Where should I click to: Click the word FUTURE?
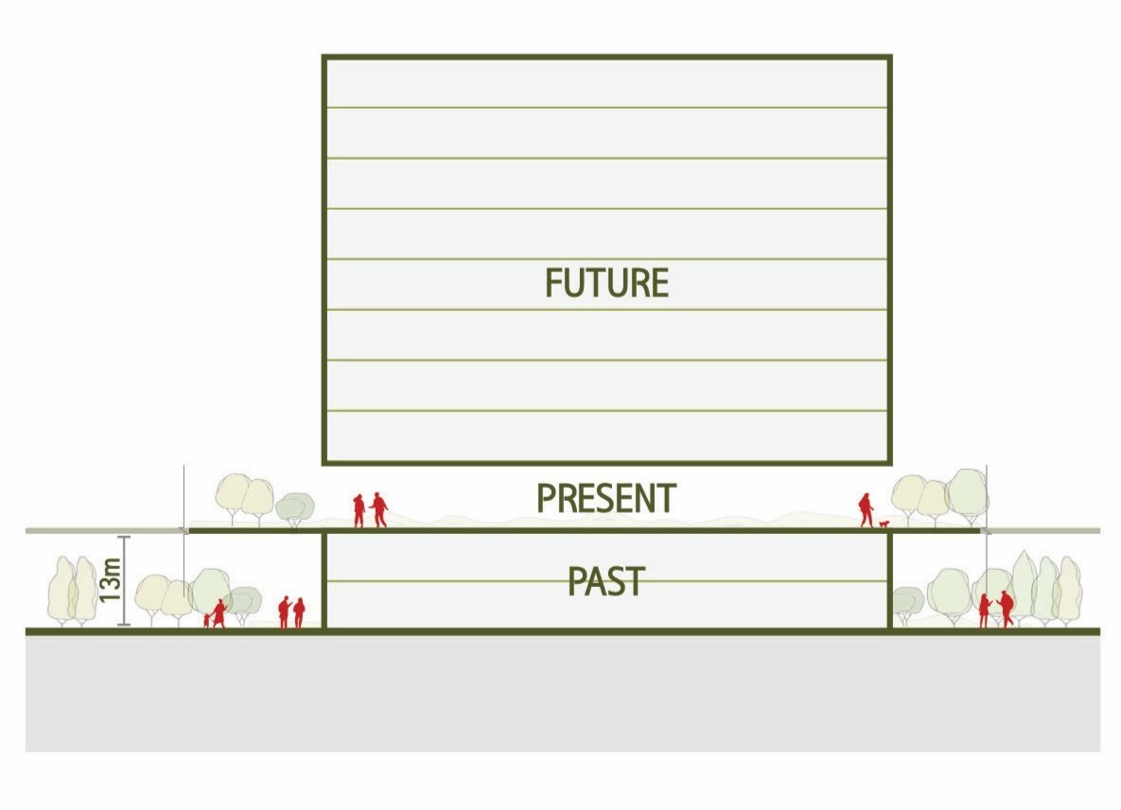tap(606, 283)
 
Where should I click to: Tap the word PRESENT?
tap(606, 498)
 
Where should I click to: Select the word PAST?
tap(606, 581)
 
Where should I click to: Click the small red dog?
tap(885, 523)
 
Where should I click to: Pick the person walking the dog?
tap(866, 509)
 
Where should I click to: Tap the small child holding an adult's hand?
tap(206, 620)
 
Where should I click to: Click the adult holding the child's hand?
tap(219, 613)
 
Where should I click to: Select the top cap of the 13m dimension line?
tap(124, 537)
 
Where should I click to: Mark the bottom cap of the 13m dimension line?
tap(124, 625)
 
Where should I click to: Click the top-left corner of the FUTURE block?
tap(324, 58)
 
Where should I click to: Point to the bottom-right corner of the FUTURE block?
tap(889, 462)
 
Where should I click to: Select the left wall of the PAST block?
tap(324, 580)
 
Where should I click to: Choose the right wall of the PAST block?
tap(890, 580)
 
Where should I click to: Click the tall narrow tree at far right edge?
tap(1069, 590)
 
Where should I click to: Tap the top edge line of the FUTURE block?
tap(606, 58)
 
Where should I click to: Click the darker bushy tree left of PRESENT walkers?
tap(295, 508)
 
